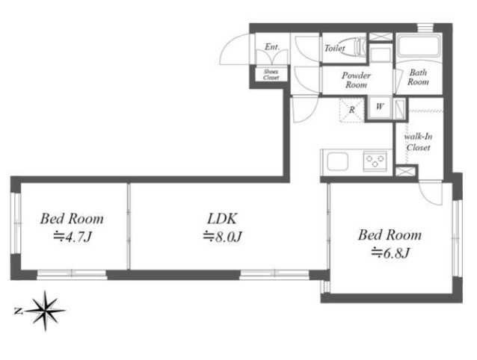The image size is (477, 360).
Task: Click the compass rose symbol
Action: [46, 311]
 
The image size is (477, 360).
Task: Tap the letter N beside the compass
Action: [18, 311]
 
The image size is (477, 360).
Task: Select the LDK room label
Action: [222, 219]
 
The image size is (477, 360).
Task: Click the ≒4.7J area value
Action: [72, 237]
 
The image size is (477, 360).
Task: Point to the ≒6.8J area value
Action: [390, 252]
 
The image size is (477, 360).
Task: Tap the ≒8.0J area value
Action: [222, 237]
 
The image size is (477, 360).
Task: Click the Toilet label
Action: [335, 48]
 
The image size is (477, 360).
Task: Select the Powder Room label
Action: [356, 80]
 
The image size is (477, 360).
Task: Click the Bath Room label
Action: [418, 77]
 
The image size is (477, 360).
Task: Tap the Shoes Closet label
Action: [271, 75]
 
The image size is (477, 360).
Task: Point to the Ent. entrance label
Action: [272, 47]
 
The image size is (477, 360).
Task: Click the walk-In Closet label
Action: [418, 142]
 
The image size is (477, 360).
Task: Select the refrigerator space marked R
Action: [352, 110]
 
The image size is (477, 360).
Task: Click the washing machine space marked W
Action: [380, 107]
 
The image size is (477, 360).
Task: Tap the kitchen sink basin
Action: [338, 161]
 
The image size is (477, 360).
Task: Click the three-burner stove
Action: [375, 161]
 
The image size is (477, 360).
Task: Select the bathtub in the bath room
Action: [419, 47]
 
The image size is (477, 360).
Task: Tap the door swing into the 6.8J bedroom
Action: [430, 193]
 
